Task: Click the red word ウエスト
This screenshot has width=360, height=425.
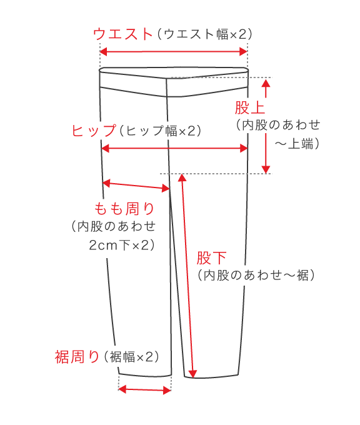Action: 122,34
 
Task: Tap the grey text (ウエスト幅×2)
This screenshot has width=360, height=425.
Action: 204,34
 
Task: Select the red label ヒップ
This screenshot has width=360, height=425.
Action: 94,131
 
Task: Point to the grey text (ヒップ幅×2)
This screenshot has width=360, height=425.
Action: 160,131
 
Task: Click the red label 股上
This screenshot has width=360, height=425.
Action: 249,107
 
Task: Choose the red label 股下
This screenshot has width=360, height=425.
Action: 211,257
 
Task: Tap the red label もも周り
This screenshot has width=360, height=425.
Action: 124,209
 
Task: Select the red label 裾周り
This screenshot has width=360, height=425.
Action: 77,356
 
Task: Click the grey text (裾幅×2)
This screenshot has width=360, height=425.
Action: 131,357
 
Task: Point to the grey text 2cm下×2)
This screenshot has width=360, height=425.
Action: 122,245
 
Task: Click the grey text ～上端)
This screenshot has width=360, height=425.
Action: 297,144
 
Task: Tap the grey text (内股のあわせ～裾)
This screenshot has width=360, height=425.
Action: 256,276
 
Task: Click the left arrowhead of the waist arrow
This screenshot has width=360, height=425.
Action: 104,51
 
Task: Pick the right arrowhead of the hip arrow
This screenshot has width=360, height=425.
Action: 244,148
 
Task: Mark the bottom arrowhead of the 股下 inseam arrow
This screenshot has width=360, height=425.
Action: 192,374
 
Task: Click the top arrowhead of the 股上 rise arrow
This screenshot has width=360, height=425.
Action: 266,82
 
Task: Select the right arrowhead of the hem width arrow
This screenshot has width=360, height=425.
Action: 167,391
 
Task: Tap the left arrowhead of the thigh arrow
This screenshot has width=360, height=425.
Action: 106,183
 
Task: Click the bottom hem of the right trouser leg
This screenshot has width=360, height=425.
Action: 211,377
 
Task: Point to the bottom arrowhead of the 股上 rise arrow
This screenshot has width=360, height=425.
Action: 266,169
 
